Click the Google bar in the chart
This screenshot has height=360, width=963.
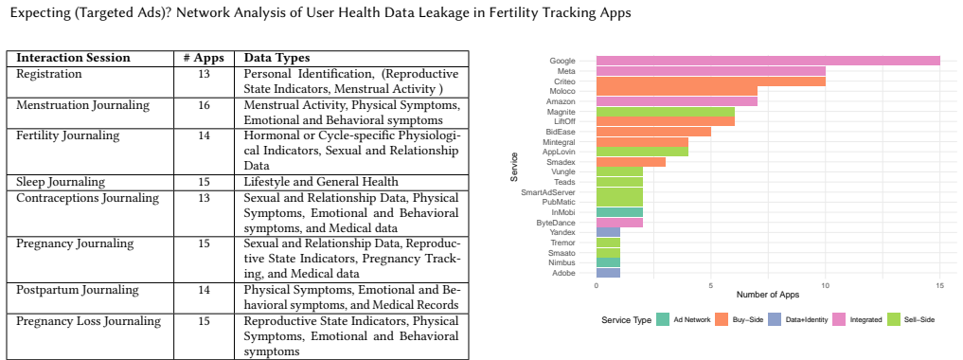click(x=768, y=61)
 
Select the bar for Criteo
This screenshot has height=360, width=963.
click(x=711, y=81)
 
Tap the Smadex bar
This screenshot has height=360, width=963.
click(x=632, y=162)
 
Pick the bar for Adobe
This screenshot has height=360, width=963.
click(x=609, y=273)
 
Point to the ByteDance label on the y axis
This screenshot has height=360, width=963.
click(x=559, y=223)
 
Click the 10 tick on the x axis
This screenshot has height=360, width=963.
click(x=826, y=286)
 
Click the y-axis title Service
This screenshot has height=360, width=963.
click(x=515, y=167)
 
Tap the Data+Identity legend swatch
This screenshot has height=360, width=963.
click(x=776, y=319)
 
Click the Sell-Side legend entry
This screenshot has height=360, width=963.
click(x=912, y=319)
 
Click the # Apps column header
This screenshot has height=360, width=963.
click(x=205, y=59)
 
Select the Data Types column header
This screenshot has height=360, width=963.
click(x=277, y=59)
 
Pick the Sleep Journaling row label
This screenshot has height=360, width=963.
click(x=61, y=182)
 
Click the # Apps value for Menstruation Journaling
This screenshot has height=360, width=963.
click(x=205, y=105)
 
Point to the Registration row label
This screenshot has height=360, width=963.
click(x=49, y=74)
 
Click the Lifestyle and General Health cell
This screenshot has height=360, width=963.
click(x=321, y=182)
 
